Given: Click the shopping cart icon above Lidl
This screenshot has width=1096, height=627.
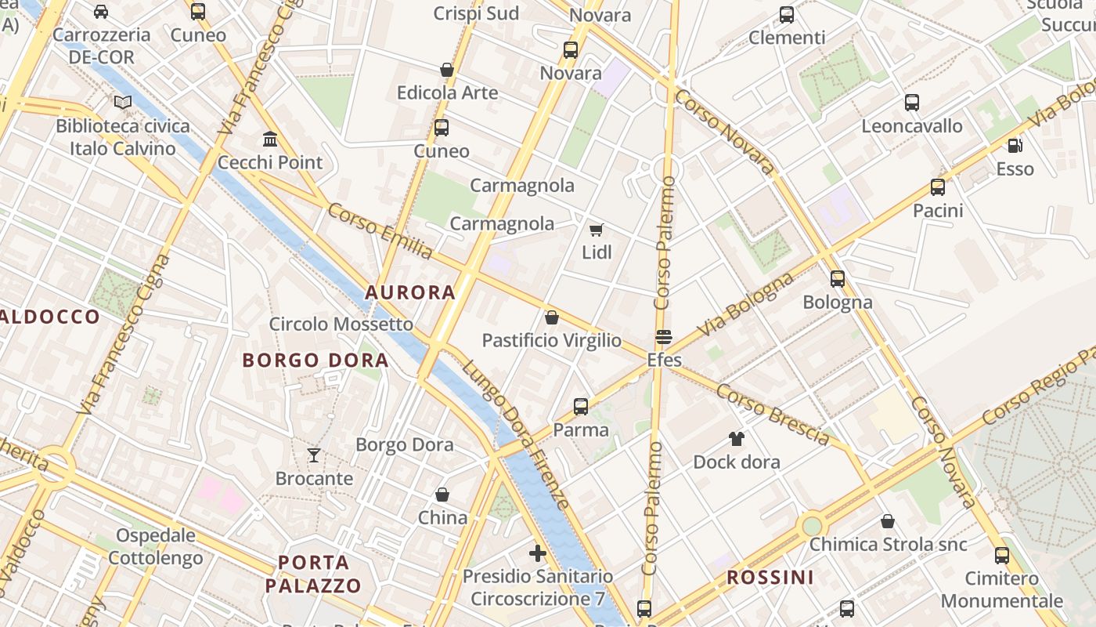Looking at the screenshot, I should (x=597, y=230).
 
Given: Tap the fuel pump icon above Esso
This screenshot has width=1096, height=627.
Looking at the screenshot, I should (x=1015, y=146).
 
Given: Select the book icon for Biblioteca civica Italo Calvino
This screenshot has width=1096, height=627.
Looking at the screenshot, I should (x=122, y=103).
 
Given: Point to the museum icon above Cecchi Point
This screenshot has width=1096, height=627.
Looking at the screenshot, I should (x=270, y=140).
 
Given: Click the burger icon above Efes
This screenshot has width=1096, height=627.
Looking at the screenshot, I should (x=664, y=337).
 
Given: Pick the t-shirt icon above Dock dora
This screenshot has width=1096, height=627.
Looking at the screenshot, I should (x=737, y=439).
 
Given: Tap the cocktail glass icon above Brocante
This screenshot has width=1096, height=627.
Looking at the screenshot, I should (x=314, y=455).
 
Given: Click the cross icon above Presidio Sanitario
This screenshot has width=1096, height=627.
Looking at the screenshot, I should (x=538, y=553).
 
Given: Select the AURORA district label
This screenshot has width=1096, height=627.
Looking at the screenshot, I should (x=410, y=293).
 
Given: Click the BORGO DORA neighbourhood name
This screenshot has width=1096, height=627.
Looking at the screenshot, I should (x=315, y=361).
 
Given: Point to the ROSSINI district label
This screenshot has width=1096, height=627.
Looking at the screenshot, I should (x=770, y=578).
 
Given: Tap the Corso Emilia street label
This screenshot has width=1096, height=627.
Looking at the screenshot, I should (x=380, y=230).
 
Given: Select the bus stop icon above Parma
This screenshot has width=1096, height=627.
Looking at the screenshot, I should (x=580, y=407).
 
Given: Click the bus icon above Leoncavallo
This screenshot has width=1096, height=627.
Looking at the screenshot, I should (x=912, y=103).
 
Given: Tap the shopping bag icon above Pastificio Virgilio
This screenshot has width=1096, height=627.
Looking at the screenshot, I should (x=552, y=317).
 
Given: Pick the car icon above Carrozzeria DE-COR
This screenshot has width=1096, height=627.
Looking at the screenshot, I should (x=101, y=12).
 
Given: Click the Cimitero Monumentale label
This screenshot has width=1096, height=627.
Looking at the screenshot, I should (x=1002, y=590).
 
